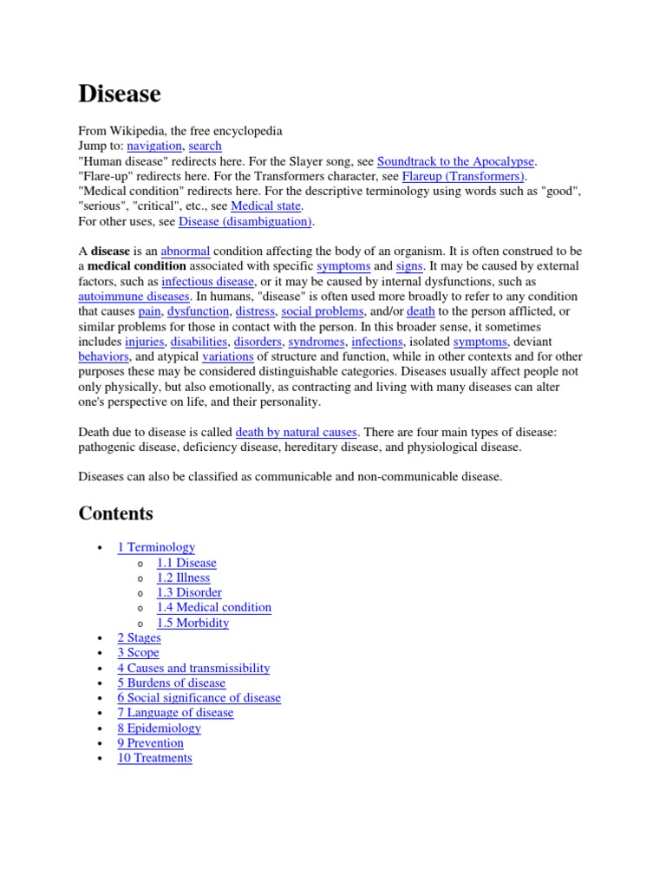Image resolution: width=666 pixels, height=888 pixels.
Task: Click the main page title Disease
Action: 120,94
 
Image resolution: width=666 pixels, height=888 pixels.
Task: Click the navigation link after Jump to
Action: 154,146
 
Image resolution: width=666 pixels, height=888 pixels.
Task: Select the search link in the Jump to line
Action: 205,146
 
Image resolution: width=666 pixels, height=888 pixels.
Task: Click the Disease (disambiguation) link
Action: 245,221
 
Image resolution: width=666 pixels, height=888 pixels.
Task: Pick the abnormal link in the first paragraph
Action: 186,251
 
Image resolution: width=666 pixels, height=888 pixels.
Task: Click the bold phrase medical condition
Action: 137,266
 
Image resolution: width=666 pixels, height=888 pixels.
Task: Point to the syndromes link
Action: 317,342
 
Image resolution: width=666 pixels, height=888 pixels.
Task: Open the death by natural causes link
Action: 296,432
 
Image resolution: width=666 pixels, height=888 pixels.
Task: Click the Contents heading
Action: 116,513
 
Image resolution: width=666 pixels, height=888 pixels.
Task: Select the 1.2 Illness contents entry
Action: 183,578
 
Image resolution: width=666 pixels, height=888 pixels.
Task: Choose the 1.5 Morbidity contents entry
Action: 193,623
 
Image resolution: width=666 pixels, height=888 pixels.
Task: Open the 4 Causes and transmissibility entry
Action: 193,668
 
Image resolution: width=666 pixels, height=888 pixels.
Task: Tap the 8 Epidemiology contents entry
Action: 159,728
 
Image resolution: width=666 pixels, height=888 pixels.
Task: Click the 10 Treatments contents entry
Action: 154,758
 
